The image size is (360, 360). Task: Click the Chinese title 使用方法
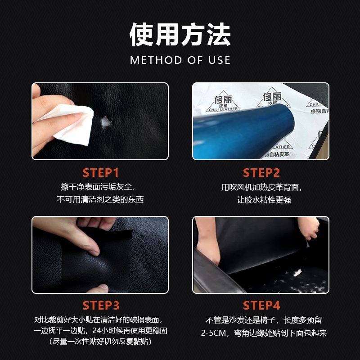[x=180, y=35]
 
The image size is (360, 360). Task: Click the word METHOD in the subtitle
[x=156, y=60]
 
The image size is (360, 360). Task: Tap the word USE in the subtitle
[x=219, y=60]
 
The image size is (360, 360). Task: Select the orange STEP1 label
[x=100, y=173]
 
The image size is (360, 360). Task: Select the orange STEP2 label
[x=261, y=173]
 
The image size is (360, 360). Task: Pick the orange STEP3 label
[x=101, y=306]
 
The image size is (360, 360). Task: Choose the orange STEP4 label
[x=261, y=306]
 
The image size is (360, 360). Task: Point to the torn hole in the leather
[x=106, y=121]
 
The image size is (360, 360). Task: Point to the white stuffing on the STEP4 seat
[x=297, y=273]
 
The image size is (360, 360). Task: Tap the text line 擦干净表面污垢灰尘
[x=98, y=187]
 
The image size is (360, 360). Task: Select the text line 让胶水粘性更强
[x=264, y=200]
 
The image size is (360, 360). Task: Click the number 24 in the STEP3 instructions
[x=97, y=331]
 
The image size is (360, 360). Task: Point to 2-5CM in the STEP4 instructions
[x=213, y=333]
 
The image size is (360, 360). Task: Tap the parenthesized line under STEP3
[x=100, y=342]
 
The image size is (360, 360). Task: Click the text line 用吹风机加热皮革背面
[x=261, y=187]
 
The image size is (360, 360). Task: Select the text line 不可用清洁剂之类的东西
[x=100, y=199]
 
